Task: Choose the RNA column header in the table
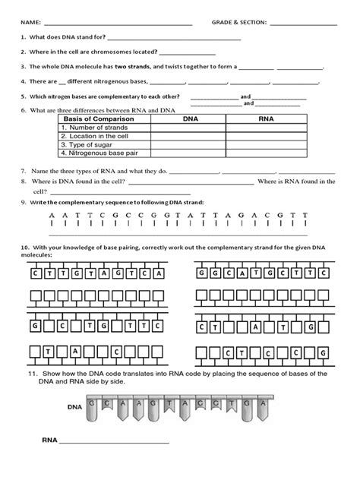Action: [x=266, y=119]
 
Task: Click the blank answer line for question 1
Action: [x=175, y=37]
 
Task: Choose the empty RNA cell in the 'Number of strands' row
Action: [x=266, y=128]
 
